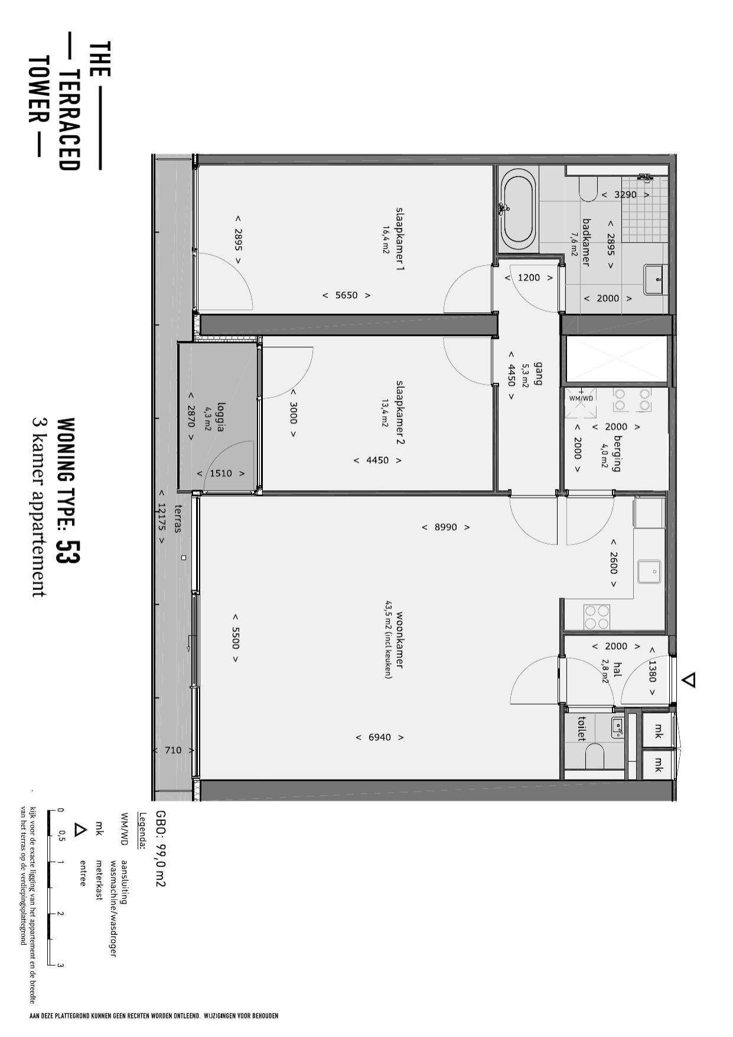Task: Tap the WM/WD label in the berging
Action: pyautogui.click(x=581, y=398)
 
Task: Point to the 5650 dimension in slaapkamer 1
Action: pyautogui.click(x=346, y=295)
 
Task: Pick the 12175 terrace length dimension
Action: pyautogui.click(x=161, y=517)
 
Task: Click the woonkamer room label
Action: pyautogui.click(x=400, y=640)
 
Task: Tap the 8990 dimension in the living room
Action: pyautogui.click(x=445, y=527)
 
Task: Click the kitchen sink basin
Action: pyautogui.click(x=650, y=572)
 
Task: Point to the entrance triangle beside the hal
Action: pyautogui.click(x=689, y=680)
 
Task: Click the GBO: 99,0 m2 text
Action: pyautogui.click(x=161, y=849)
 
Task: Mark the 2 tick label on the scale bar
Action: pyautogui.click(x=60, y=914)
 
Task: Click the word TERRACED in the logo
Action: pyautogui.click(x=70, y=120)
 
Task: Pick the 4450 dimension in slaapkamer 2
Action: pyautogui.click(x=378, y=461)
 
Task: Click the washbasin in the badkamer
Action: pyautogui.click(x=654, y=280)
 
